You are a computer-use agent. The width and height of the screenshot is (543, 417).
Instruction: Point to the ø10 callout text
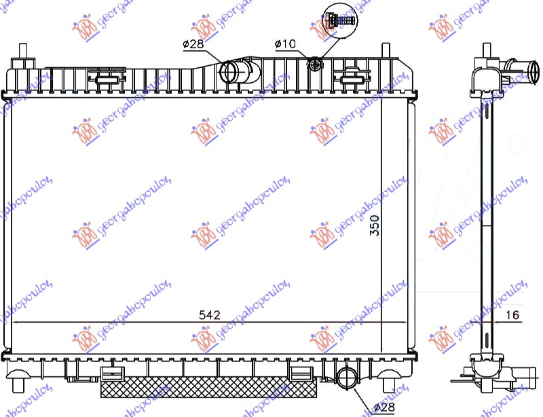285,44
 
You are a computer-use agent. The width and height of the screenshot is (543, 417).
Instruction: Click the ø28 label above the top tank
193,44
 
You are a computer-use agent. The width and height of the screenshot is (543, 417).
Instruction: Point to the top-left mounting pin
24,52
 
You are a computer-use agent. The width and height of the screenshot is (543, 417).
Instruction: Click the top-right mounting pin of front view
386,52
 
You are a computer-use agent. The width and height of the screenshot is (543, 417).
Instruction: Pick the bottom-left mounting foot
22,373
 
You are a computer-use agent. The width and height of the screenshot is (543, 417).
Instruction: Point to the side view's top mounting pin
487,50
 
